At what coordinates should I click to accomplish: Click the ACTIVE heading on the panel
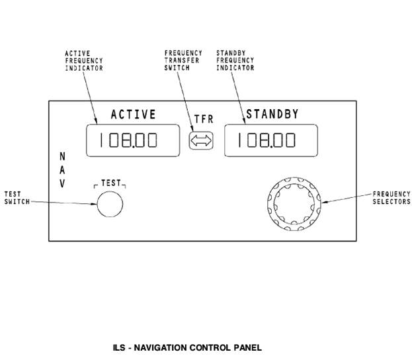click(x=133, y=114)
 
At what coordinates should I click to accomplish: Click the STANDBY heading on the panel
click(x=272, y=114)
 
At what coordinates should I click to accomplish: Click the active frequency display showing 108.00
click(x=133, y=140)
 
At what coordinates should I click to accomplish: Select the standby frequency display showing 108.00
click(x=270, y=140)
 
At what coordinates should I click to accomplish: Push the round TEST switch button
click(x=110, y=202)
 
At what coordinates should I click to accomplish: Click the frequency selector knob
click(x=294, y=202)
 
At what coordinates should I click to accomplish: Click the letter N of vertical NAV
click(x=62, y=157)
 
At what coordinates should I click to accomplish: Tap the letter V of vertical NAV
click(x=62, y=185)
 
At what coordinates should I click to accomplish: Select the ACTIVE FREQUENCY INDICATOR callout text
click(x=83, y=60)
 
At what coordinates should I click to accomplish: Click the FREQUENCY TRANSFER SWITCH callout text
click(x=183, y=60)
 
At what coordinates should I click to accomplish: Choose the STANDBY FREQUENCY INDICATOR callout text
click(x=235, y=60)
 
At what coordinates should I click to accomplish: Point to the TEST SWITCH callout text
click(x=17, y=198)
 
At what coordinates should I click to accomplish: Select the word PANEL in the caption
click(x=247, y=347)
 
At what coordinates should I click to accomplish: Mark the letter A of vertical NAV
click(x=62, y=171)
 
